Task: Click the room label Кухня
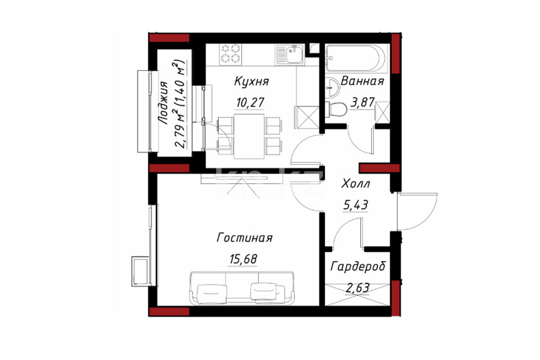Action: pyautogui.click(x=251, y=82)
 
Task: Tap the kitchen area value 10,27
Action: pyautogui.click(x=250, y=102)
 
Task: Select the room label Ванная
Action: pyautogui.click(x=362, y=81)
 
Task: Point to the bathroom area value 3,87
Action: pyautogui.click(x=363, y=102)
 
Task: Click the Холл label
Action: pyautogui.click(x=356, y=184)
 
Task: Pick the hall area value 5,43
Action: pyautogui.click(x=356, y=205)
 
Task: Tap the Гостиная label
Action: pyautogui.click(x=244, y=238)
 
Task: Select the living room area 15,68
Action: pyautogui.click(x=243, y=259)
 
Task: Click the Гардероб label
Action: pyautogui.click(x=358, y=267)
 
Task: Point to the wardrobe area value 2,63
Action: pyautogui.click(x=358, y=287)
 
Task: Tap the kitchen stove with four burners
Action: pyautogui.click(x=231, y=54)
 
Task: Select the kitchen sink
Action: pyautogui.click(x=290, y=54)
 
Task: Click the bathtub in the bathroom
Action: pyautogui.click(x=357, y=58)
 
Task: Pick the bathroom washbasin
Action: pyautogui.click(x=332, y=87)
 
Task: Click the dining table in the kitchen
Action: pyautogui.click(x=249, y=136)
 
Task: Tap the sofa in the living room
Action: pyautogui.click(x=242, y=288)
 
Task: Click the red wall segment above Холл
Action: pyautogui.click(x=379, y=168)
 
